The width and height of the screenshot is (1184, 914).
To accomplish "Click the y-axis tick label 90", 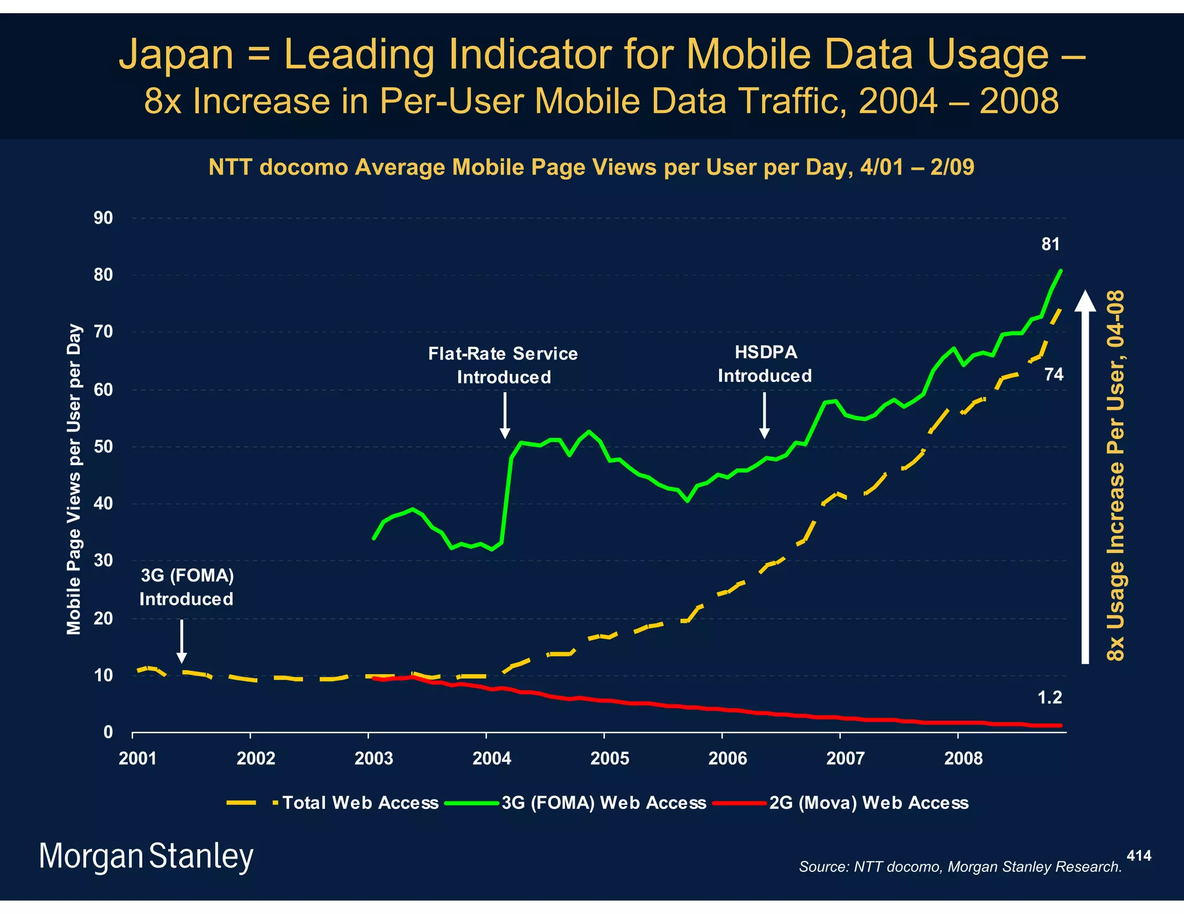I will coord(103,218).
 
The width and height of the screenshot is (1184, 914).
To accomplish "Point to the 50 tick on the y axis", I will coord(103,447).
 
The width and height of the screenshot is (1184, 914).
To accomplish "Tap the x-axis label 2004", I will coord(491,759).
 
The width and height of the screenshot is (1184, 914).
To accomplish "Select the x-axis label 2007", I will coord(845,759).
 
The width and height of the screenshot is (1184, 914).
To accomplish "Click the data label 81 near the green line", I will coord(1050,244).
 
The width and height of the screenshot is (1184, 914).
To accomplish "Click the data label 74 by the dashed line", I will coord(1053,375).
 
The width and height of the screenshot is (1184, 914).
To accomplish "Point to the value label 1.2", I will coord(1049,698).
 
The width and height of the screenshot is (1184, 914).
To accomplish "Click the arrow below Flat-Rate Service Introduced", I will coord(505,415).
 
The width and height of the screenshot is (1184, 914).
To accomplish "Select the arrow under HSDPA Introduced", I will coord(764,415).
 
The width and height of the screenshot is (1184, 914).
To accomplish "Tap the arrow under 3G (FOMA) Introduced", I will coord(182,641).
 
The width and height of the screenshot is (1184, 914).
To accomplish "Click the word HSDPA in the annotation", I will coord(765,352).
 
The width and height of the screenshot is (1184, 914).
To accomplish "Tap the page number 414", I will coord(1139,856).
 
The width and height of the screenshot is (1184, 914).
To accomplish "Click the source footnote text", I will coord(960,867).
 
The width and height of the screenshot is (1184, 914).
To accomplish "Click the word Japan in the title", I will coord(176,54).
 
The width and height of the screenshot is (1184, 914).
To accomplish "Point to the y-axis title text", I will coord(74,480).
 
